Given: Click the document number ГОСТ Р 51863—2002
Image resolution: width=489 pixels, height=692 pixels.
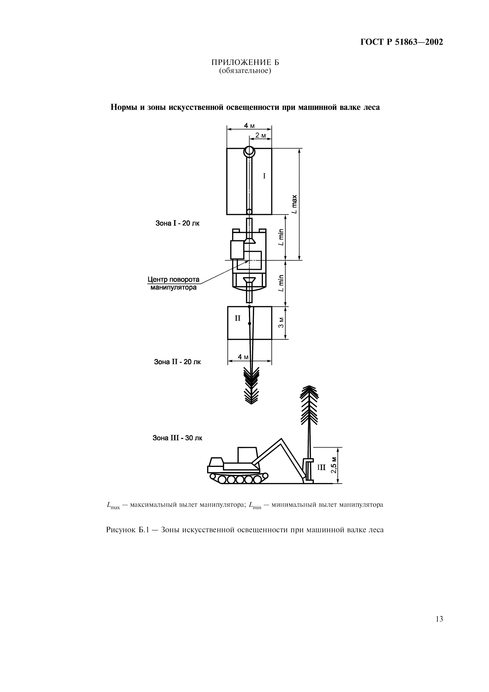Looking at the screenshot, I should point(402,42).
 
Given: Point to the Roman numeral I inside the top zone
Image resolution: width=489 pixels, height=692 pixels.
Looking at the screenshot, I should point(264,176).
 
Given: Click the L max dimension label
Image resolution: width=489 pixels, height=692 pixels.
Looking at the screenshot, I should point(294,204).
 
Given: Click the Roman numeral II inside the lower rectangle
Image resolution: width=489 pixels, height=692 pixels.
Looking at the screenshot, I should point(238,318).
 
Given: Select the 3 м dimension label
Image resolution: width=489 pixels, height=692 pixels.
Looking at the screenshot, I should point(281,323).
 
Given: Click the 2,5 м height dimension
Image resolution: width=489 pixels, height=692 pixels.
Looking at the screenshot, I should point(334,465).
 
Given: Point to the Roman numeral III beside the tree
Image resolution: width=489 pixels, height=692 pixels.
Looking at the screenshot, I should point(322,468).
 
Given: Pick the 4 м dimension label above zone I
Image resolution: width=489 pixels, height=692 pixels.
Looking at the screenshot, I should point(249,125).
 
